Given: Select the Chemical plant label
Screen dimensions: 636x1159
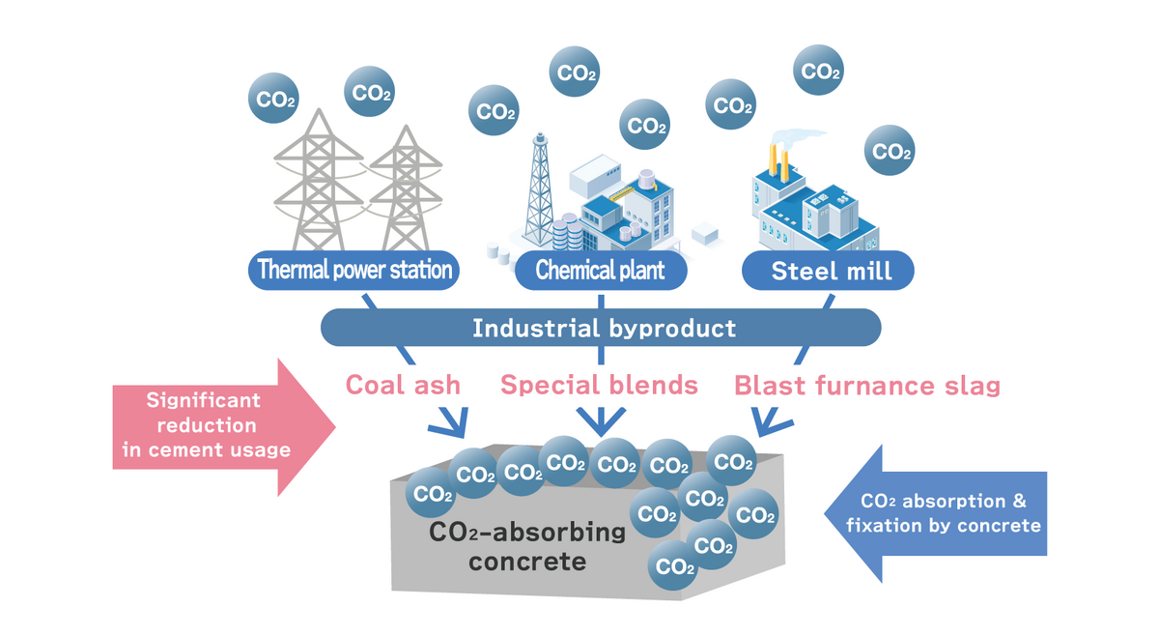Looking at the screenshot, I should tap(600, 270).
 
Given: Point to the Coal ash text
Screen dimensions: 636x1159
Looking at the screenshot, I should tap(404, 385).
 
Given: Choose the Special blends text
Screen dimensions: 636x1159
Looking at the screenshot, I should tap(599, 385).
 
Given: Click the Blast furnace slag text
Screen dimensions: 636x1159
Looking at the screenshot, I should tap(866, 386).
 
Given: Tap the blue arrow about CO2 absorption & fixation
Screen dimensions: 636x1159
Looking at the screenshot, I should tap(942, 514).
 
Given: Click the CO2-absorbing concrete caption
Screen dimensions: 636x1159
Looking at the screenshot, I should tap(527, 546).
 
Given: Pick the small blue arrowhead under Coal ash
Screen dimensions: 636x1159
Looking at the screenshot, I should tap(451, 420).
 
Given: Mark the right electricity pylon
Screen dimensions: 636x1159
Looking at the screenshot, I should tap(401, 193).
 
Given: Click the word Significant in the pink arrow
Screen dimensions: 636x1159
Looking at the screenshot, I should tap(204, 400).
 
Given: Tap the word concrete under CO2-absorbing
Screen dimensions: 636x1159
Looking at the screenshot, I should tap(527, 562).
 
